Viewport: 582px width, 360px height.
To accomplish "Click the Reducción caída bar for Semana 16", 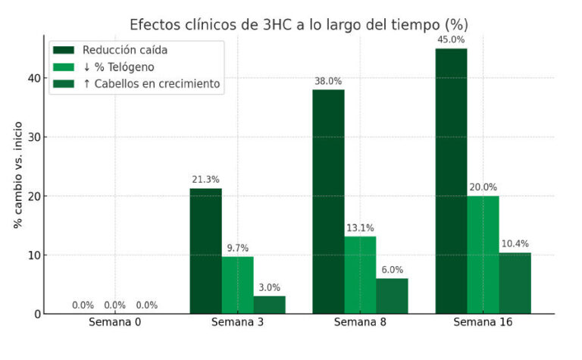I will (x=451, y=181).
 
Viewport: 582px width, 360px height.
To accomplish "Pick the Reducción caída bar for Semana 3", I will (x=205, y=251).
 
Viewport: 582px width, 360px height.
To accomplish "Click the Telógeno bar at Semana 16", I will (x=483, y=255).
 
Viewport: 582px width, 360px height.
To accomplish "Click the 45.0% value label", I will (x=451, y=40).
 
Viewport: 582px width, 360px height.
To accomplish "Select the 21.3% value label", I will (x=205, y=180).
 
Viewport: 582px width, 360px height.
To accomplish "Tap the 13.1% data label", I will (x=360, y=228).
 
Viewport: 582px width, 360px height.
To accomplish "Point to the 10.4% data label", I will (x=515, y=244).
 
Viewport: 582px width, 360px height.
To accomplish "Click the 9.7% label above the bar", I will (x=237, y=248).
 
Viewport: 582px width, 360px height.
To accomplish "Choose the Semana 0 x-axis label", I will (x=115, y=323).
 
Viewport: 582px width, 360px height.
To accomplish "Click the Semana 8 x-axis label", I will (x=360, y=323).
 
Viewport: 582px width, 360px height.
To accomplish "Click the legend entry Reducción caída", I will (x=125, y=50).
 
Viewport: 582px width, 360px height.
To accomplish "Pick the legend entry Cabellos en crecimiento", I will (x=152, y=83).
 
